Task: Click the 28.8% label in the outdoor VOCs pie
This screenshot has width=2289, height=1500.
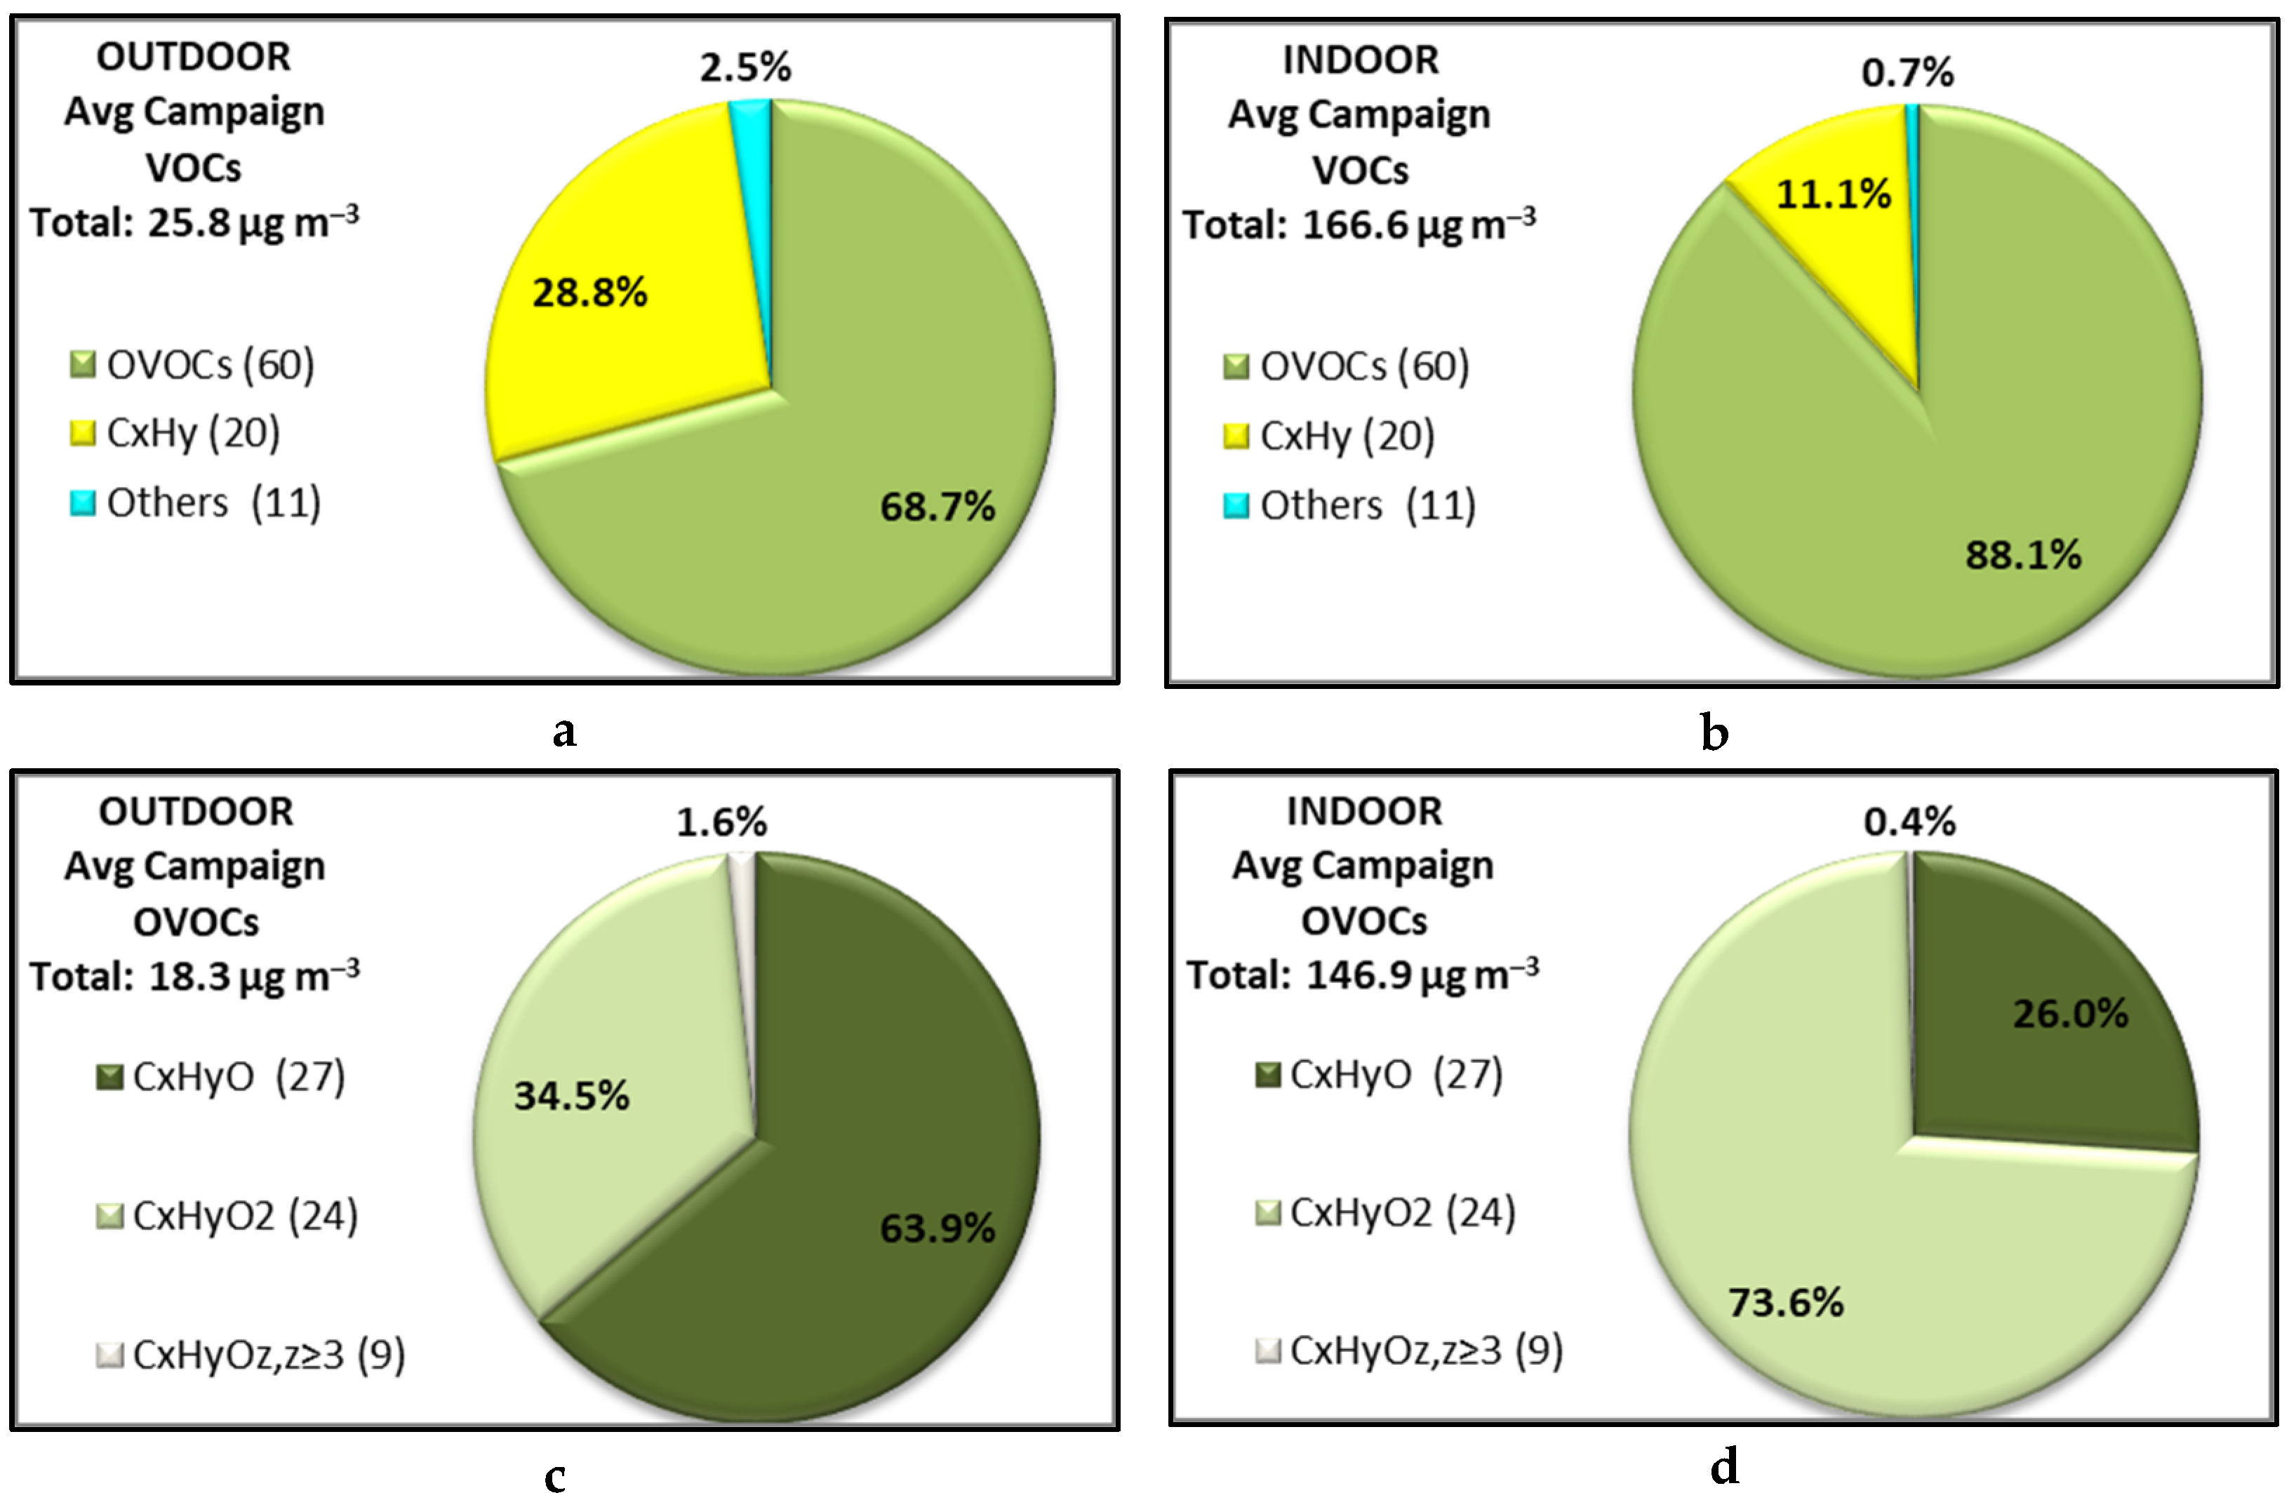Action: [x=589, y=293]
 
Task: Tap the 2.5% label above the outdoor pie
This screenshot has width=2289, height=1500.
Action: [x=745, y=67]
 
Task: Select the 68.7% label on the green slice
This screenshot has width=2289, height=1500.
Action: [x=937, y=507]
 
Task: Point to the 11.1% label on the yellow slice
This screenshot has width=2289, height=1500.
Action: [x=1833, y=194]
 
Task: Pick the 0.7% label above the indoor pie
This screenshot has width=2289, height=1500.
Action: [x=1908, y=72]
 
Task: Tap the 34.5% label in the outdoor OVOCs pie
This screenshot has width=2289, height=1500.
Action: [x=571, y=1096]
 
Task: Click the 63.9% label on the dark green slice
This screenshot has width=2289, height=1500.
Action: [x=937, y=1228]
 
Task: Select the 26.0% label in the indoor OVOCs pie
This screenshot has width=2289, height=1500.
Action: [x=2071, y=1014]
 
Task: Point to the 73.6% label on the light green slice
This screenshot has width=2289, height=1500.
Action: [x=1786, y=1303]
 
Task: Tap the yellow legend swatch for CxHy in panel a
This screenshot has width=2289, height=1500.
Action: [x=84, y=434]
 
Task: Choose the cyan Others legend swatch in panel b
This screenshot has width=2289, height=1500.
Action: [x=1236, y=506]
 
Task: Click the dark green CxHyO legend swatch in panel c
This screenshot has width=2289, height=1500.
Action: [x=109, y=1077]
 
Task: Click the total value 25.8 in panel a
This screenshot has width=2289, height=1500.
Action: [x=189, y=223]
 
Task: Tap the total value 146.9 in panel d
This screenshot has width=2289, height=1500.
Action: [x=1359, y=976]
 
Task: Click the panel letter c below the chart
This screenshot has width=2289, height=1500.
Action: [x=555, y=1476]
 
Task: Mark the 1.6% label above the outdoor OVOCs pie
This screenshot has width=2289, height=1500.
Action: [x=721, y=822]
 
